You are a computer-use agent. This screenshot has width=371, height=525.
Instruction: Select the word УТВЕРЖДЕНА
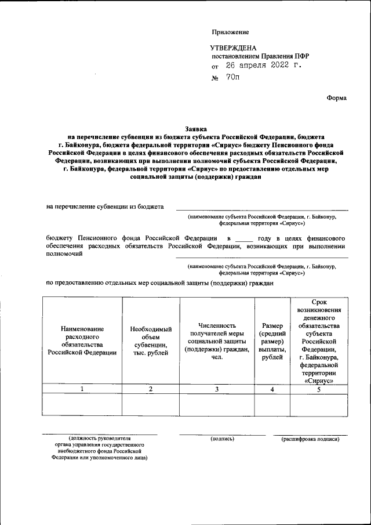(232, 48)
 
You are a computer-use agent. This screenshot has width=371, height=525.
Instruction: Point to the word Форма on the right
(336, 98)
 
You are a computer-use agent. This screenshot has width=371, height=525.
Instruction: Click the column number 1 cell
(82, 389)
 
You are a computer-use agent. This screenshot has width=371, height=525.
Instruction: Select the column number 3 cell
(217, 389)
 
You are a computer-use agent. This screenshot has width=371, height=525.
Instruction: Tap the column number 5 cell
(319, 389)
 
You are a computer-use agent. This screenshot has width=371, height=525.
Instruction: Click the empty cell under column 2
(151, 404)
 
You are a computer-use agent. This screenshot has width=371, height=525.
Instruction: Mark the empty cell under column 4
(272, 404)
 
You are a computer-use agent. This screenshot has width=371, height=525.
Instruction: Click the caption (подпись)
(223, 439)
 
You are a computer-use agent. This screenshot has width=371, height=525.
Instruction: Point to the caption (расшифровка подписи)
(310, 439)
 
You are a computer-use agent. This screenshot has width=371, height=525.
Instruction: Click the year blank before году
(244, 238)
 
